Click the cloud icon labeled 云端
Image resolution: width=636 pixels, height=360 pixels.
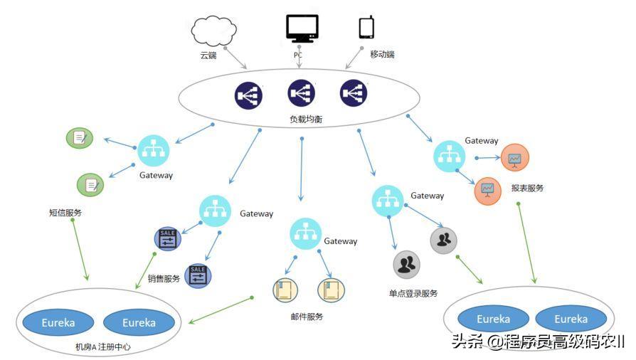click(x=214, y=31)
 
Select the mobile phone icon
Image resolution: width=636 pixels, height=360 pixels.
click(x=366, y=27)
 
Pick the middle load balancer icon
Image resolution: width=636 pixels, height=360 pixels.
click(x=301, y=93)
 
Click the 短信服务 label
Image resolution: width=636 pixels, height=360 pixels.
click(x=65, y=212)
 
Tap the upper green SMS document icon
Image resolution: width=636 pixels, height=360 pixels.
click(x=80, y=137)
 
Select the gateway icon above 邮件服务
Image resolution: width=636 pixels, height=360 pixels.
click(x=305, y=234)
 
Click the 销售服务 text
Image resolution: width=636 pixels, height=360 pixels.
click(x=164, y=279)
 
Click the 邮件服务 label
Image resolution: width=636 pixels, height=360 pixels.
click(x=307, y=317)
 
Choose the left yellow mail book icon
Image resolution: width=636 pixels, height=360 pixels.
click(x=285, y=290)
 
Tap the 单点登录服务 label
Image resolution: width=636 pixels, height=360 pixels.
click(x=413, y=293)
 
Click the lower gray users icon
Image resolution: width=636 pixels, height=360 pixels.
click(x=406, y=265)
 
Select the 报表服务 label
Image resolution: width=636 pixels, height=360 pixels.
click(x=527, y=189)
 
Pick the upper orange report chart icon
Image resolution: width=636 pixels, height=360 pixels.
click(x=514, y=158)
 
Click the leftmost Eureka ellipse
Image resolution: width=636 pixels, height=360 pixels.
click(x=58, y=322)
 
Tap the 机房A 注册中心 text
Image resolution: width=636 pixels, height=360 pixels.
click(x=103, y=348)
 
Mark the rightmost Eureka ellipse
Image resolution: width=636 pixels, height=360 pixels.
click(x=571, y=319)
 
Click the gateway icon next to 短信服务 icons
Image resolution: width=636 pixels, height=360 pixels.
click(x=154, y=150)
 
